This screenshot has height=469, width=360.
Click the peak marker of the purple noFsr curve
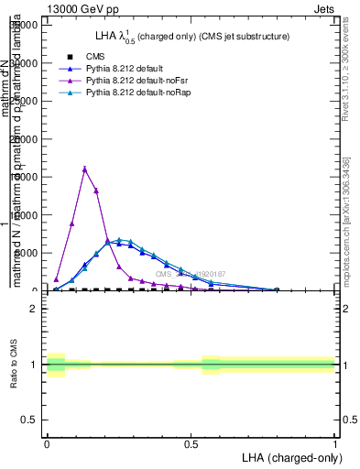coord(84,169)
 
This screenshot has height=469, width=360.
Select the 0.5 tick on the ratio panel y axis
coord(27,420)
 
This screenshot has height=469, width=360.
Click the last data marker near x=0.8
coord(276,289)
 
